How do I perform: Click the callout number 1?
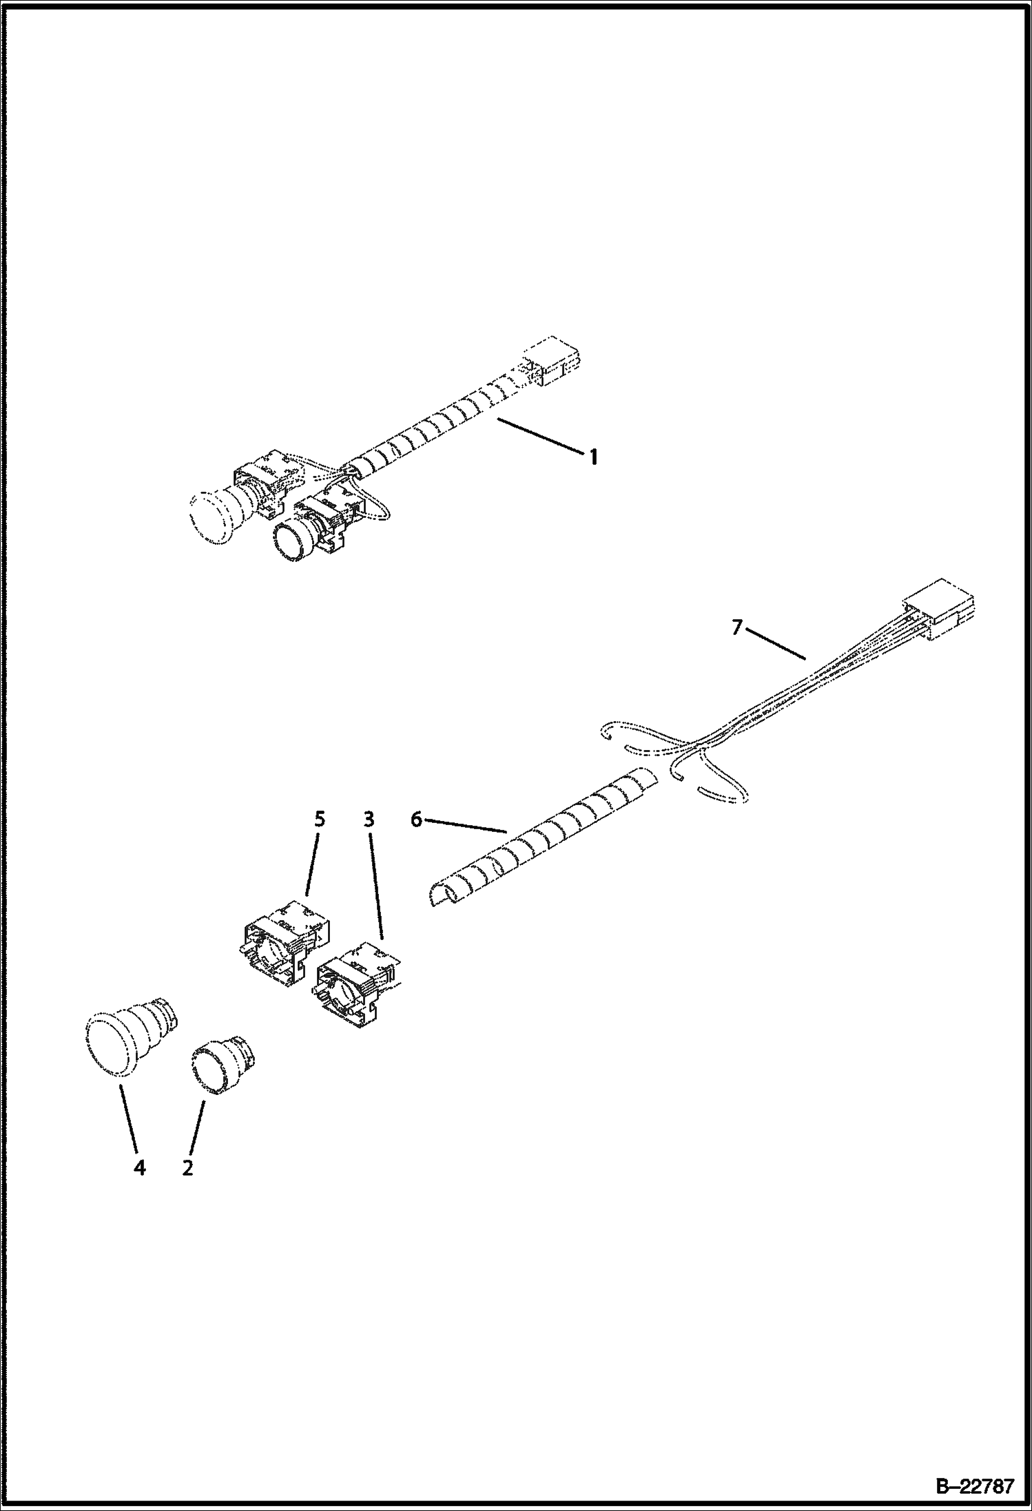(x=593, y=457)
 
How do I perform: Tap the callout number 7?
(x=738, y=627)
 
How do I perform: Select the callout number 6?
(x=416, y=820)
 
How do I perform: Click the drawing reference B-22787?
(x=974, y=1486)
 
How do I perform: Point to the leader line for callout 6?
(x=466, y=826)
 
